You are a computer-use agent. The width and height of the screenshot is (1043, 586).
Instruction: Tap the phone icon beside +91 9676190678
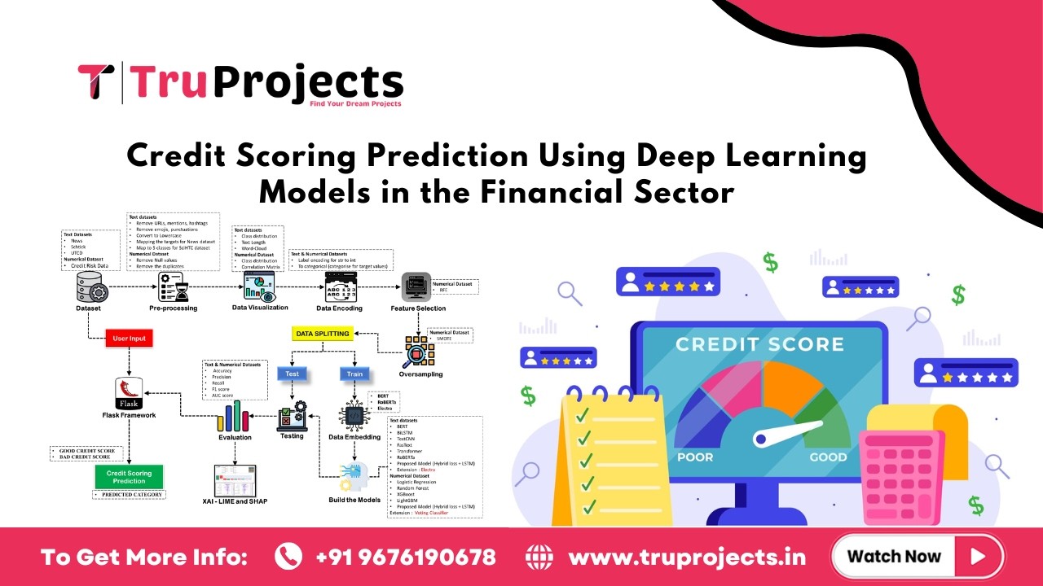pyautogui.click(x=288, y=557)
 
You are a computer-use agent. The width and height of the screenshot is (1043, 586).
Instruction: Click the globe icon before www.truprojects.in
pyautogui.click(x=539, y=557)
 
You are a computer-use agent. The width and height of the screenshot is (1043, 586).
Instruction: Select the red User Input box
pyautogui.click(x=130, y=337)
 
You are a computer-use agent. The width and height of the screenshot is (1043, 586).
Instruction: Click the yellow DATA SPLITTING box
pyautogui.click(x=322, y=334)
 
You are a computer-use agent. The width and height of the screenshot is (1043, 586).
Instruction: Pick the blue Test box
pyautogui.click(x=292, y=374)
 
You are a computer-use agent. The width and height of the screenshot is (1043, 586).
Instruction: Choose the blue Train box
pyautogui.click(x=354, y=374)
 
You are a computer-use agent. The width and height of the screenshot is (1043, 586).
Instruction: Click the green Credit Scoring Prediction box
pyautogui.click(x=129, y=476)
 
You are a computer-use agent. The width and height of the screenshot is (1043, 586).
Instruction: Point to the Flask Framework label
pyautogui.click(x=129, y=415)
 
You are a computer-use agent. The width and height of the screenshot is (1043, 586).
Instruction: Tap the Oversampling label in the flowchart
pyautogui.click(x=420, y=374)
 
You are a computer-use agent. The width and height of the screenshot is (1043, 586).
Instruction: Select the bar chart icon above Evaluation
pyautogui.click(x=234, y=417)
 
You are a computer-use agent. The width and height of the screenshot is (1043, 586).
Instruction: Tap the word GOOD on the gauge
pyautogui.click(x=828, y=457)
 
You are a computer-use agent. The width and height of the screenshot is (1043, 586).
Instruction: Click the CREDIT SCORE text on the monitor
pyautogui.click(x=759, y=343)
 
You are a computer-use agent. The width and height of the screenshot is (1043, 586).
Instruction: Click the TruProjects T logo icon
pyautogui.click(x=95, y=83)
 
